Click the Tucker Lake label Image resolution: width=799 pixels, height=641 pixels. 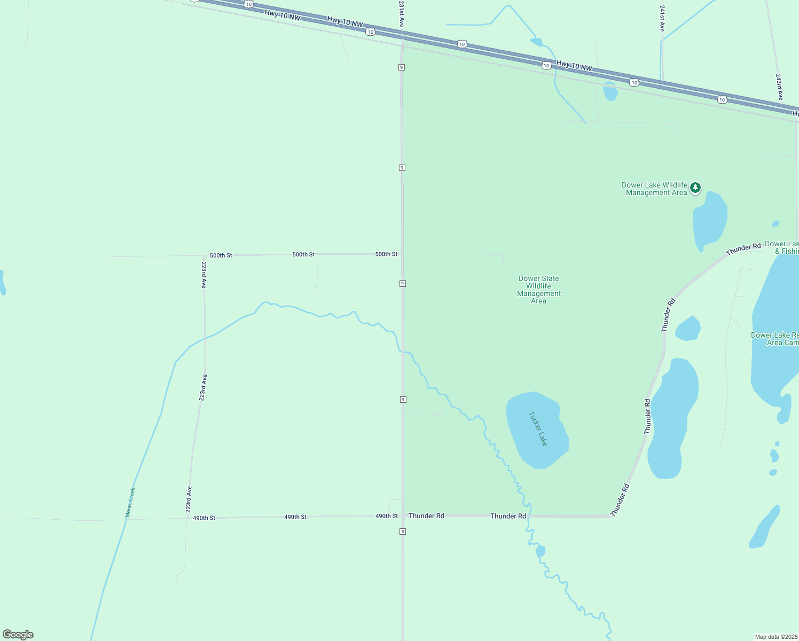[538, 428]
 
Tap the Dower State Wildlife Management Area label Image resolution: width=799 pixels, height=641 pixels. [538, 290]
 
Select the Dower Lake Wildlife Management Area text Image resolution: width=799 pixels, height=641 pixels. [655, 189]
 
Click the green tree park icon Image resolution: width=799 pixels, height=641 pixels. [695, 187]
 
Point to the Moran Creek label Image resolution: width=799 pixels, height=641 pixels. [130, 502]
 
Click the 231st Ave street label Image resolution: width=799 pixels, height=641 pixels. [401, 14]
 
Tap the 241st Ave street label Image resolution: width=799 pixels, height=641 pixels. [662, 19]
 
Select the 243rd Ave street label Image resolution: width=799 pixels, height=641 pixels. [779, 87]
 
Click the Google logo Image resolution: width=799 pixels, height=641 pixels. [18, 635]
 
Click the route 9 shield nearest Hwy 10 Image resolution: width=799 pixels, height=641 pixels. [401, 67]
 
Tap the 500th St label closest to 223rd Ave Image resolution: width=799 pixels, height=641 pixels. [221, 255]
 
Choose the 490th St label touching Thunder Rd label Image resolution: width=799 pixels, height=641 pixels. [387, 516]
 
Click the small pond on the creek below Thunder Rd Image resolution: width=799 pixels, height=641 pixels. [540, 551]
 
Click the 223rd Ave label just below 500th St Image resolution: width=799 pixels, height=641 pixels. [203, 275]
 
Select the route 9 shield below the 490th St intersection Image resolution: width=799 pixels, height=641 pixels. [402, 531]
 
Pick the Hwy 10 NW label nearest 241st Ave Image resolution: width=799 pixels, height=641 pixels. [574, 66]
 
